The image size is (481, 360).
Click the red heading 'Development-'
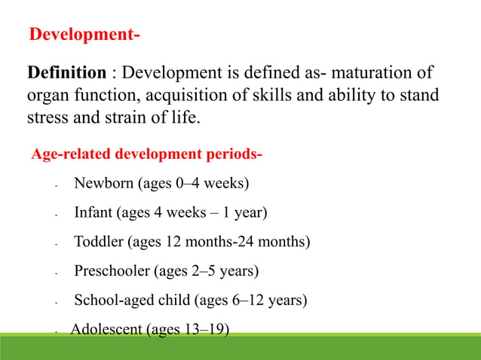[x=84, y=35]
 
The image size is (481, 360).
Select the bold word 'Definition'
[x=66, y=73]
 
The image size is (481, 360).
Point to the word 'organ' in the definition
[x=47, y=96]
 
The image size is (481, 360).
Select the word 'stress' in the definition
[x=47, y=118]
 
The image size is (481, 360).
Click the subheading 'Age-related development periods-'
[x=146, y=155]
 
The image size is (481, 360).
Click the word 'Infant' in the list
[x=93, y=212]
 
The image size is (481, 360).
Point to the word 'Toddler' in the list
[x=98, y=242]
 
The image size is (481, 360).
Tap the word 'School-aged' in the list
[x=115, y=300]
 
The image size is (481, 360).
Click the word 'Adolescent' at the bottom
[x=106, y=329]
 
